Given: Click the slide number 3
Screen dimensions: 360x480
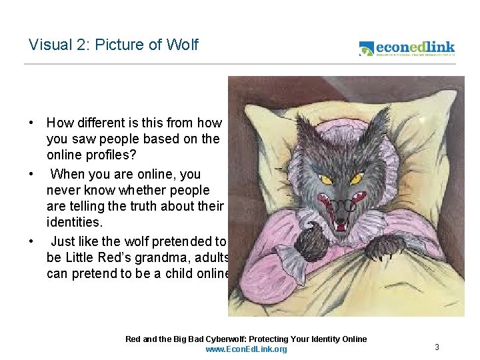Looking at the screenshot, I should tap(437, 347).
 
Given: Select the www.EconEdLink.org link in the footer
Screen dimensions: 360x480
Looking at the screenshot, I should tap(246, 349).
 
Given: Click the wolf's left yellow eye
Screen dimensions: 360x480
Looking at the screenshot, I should tap(327, 179).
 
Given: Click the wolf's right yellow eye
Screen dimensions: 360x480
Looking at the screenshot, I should tap(357, 179).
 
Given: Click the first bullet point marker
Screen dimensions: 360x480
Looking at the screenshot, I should tap(31, 123).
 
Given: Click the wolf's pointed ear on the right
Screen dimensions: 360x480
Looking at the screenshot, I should tap(379, 123).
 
